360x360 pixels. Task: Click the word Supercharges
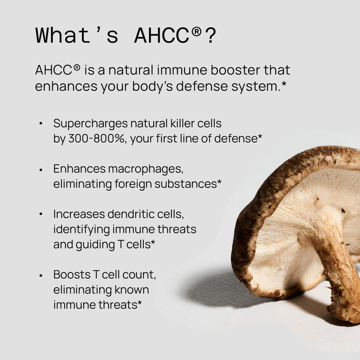click(90, 124)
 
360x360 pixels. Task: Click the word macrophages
click(146, 169)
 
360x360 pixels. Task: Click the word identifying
click(81, 230)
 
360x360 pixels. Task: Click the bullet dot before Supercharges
click(41, 124)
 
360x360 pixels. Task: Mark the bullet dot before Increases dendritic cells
click(41, 214)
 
